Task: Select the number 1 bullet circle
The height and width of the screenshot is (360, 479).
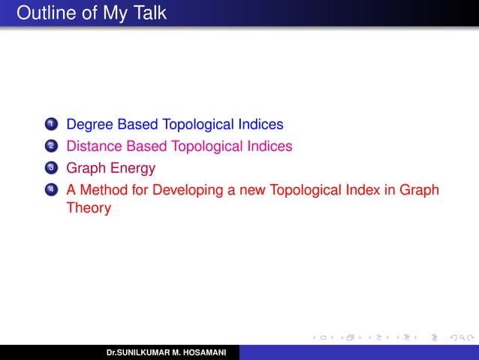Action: point(50,124)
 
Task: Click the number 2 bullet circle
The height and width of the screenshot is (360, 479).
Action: point(50,147)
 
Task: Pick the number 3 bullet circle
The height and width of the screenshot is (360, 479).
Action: point(50,168)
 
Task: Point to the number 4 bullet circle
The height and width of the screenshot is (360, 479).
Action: point(50,191)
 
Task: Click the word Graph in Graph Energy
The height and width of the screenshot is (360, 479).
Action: point(86,168)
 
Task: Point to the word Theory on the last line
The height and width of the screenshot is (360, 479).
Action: point(89,208)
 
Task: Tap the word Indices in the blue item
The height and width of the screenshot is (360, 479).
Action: point(261,124)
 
